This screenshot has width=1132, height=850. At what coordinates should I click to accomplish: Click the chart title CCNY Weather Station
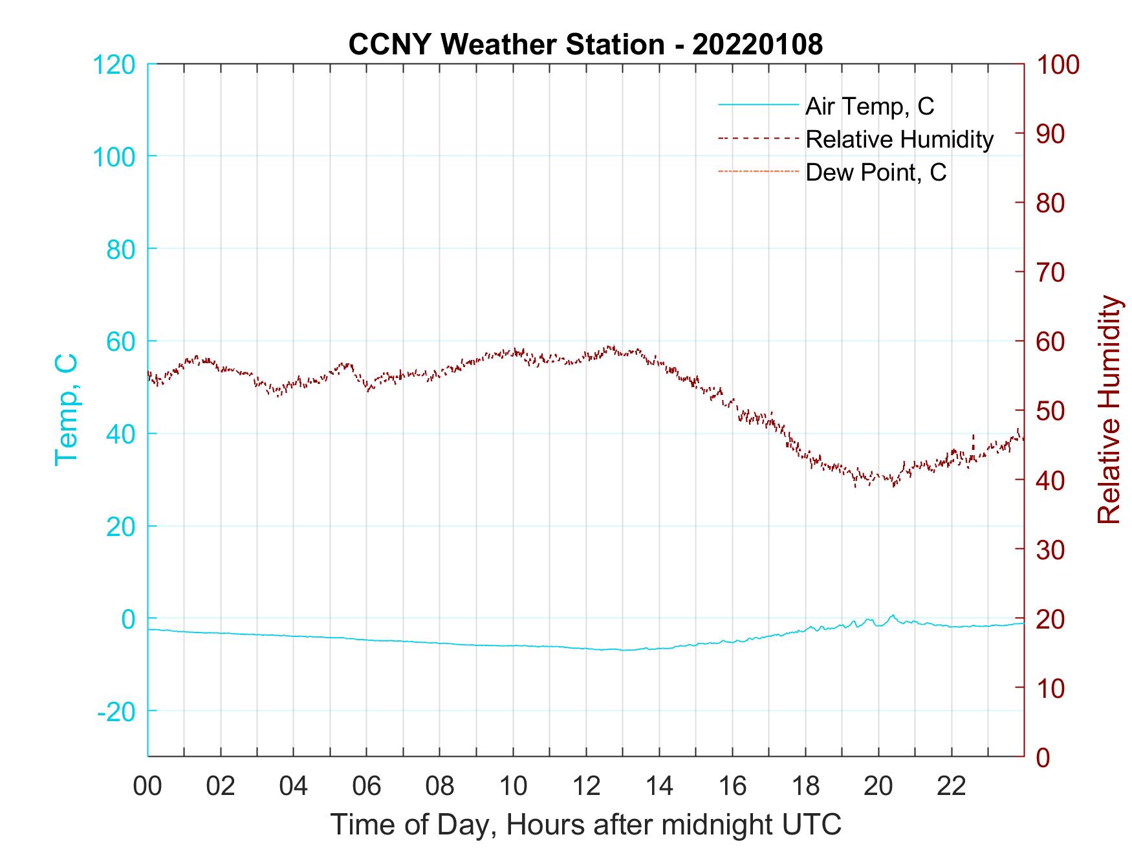[x=506, y=45]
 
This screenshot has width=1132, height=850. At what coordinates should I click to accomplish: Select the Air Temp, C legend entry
[x=869, y=106]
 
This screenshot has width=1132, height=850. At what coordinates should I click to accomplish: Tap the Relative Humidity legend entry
[x=898, y=139]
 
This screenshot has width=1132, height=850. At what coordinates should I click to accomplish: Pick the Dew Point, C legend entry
[x=875, y=172]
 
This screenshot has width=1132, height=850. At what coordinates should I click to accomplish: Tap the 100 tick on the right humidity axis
[x=1058, y=65]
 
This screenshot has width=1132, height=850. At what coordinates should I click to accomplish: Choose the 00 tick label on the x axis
[x=147, y=787]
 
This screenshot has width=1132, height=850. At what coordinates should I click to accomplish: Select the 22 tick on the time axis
[x=952, y=787]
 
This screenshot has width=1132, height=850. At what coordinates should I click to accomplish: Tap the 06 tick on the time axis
[x=367, y=787]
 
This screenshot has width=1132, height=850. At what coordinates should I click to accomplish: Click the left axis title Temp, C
[x=67, y=410]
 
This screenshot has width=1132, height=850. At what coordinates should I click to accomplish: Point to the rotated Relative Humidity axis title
[x=1109, y=410]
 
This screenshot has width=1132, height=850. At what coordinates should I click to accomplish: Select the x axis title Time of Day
[x=586, y=824]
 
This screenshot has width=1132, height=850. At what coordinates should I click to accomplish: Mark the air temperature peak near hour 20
[x=893, y=616]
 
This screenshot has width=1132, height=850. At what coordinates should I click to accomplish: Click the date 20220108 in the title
[x=757, y=45]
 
